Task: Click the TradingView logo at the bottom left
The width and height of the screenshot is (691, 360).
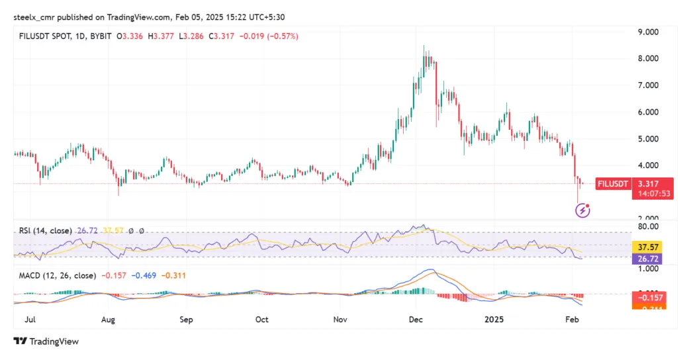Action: [x=46, y=341]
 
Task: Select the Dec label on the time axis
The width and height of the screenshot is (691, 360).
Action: [x=416, y=319]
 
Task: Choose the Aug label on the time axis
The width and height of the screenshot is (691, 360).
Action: [x=109, y=319]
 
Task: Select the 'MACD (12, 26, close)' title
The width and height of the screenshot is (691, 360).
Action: [x=57, y=275]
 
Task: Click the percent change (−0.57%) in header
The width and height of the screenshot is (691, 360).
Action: [x=283, y=36]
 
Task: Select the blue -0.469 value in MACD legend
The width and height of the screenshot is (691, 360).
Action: [x=144, y=275]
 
